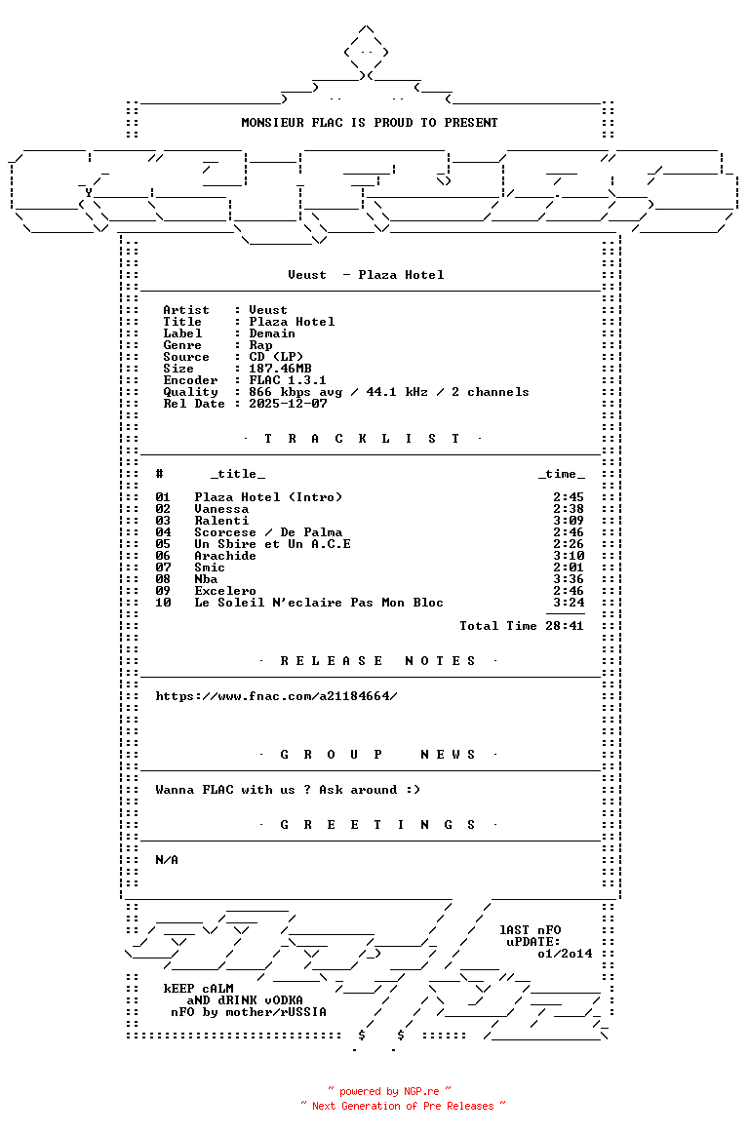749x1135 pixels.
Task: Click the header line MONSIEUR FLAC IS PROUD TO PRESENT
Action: point(369,123)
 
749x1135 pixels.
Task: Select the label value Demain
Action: point(272,333)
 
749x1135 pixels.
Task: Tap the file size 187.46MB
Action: point(280,369)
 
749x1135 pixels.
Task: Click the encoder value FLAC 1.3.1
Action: point(288,380)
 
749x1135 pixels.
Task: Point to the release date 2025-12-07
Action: point(288,403)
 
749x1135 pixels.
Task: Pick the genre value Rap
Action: point(260,345)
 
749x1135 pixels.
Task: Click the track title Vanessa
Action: point(221,509)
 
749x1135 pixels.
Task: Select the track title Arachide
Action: point(225,556)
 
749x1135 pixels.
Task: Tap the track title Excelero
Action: point(225,591)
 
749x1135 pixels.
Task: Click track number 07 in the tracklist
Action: point(163,567)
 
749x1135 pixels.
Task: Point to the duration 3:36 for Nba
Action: point(568,579)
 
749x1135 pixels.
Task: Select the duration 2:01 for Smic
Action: point(568,567)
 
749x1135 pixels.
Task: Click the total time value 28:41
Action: point(565,626)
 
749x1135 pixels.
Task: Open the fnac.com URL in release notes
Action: point(276,696)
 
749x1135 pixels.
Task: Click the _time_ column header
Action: point(562,474)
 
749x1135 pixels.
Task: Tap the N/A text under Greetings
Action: point(167,860)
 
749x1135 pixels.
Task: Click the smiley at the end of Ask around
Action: point(413,790)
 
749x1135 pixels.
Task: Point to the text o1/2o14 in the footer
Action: point(565,954)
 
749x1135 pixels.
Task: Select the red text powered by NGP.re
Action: point(389,1091)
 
